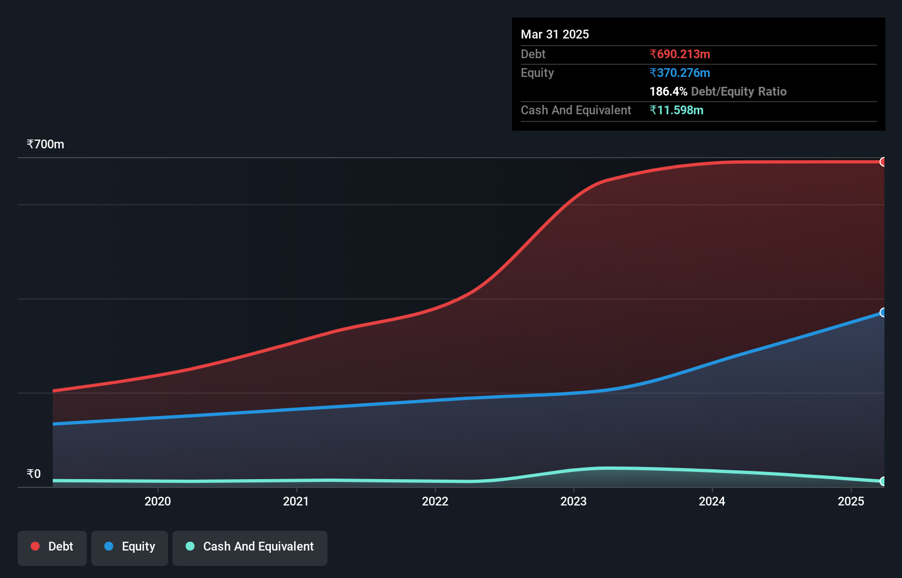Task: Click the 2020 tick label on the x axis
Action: pos(158,501)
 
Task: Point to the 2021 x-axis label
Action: pos(296,501)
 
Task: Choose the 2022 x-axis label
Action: pos(435,501)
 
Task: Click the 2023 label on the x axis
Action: pos(574,501)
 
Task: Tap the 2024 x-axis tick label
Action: pos(712,501)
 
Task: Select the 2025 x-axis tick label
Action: pos(851,501)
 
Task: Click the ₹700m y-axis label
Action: pos(46,144)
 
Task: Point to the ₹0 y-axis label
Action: pos(34,474)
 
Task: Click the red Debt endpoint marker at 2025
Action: pos(883,162)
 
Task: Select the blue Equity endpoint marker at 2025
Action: pos(883,313)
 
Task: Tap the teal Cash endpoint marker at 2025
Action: pos(883,481)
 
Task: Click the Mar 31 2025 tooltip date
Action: pos(555,35)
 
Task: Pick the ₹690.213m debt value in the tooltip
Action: pos(680,54)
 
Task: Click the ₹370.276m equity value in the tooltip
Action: pos(680,73)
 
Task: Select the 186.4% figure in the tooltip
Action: pos(669,92)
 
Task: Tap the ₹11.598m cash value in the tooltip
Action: pos(676,110)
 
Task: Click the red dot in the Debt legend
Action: pos(35,546)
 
